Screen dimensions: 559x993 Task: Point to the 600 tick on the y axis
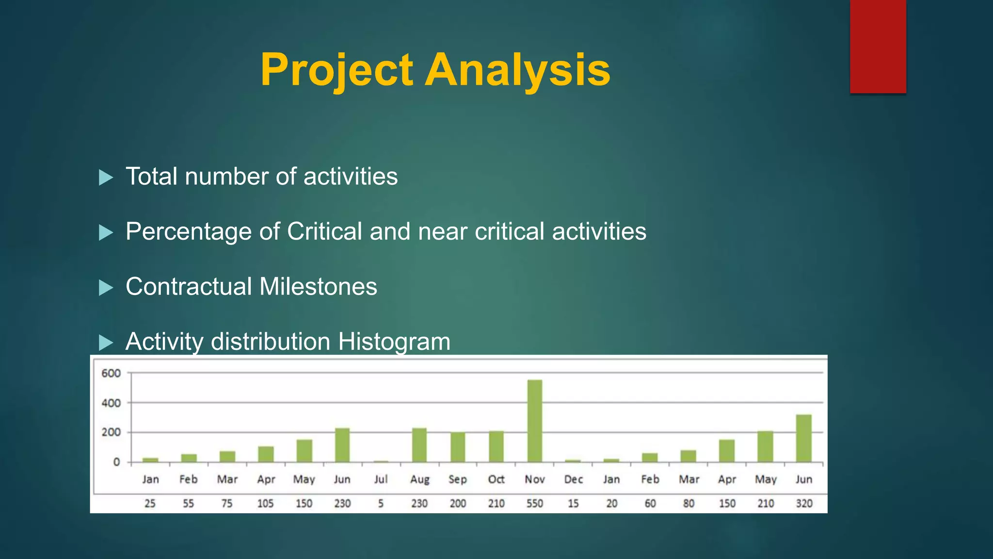pyautogui.click(x=111, y=373)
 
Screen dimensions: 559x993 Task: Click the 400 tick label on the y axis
pyautogui.click(x=111, y=403)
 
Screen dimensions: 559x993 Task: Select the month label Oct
pyautogui.click(x=496, y=479)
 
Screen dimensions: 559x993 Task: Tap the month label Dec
pyautogui.click(x=573, y=479)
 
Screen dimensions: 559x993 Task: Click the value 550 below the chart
pyautogui.click(x=535, y=504)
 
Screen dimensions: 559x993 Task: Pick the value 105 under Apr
pyautogui.click(x=266, y=504)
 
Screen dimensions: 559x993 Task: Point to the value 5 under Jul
pyautogui.click(x=381, y=504)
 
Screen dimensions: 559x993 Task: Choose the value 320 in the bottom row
pyautogui.click(x=804, y=504)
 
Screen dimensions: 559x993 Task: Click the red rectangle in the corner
pyautogui.click(x=878, y=46)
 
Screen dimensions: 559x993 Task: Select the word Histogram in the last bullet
pyautogui.click(x=394, y=342)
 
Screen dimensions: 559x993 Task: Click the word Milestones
pyautogui.click(x=318, y=286)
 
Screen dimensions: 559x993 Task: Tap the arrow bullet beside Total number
pyautogui.click(x=106, y=177)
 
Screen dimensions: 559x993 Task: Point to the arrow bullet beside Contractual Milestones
pyautogui.click(x=106, y=288)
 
